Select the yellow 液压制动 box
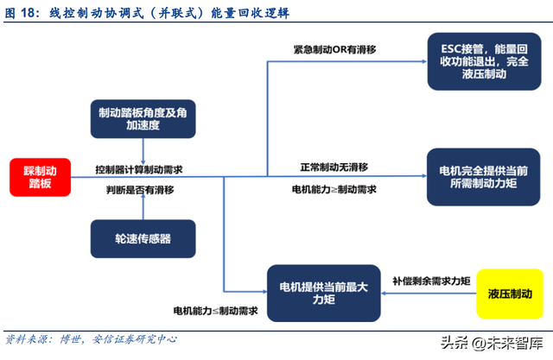(x=509, y=295)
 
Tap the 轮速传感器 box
(x=142, y=237)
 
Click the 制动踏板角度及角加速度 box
(x=142, y=120)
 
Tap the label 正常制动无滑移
(x=334, y=166)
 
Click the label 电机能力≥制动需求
(x=334, y=189)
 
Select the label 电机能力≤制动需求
(x=215, y=310)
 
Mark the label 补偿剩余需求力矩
(x=430, y=281)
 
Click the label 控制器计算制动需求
(x=144, y=168)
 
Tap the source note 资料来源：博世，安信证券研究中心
(x=91, y=339)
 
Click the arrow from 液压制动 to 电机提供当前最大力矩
(x=429, y=294)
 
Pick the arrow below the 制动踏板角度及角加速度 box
(x=142, y=150)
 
